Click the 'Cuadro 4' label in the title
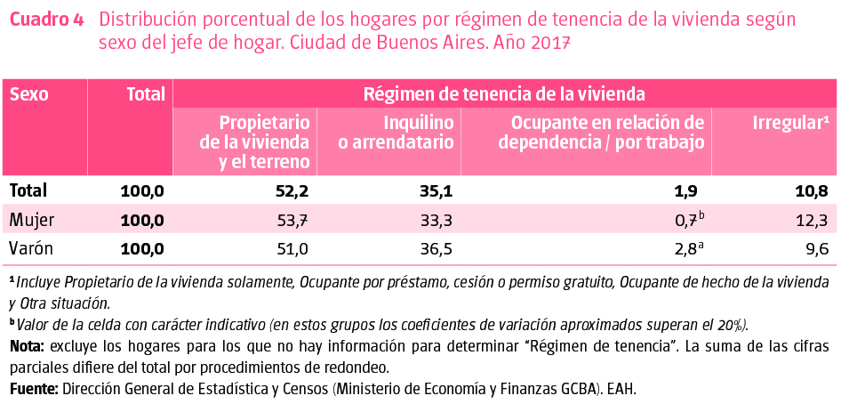coord(46,20)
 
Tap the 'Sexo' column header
coord(28,93)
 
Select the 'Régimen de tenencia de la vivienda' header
coord(504,93)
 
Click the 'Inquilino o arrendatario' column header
coord(419,132)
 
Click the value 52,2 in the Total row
coord(292,190)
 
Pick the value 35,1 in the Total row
coord(437,190)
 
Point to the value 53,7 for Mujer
coord(292,220)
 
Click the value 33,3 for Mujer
coord(437,220)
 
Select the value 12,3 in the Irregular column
coord(812,220)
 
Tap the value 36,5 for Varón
coord(437,249)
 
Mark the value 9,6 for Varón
coord(817,249)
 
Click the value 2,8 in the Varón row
coord(685,249)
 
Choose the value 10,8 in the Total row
coord(811,190)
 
